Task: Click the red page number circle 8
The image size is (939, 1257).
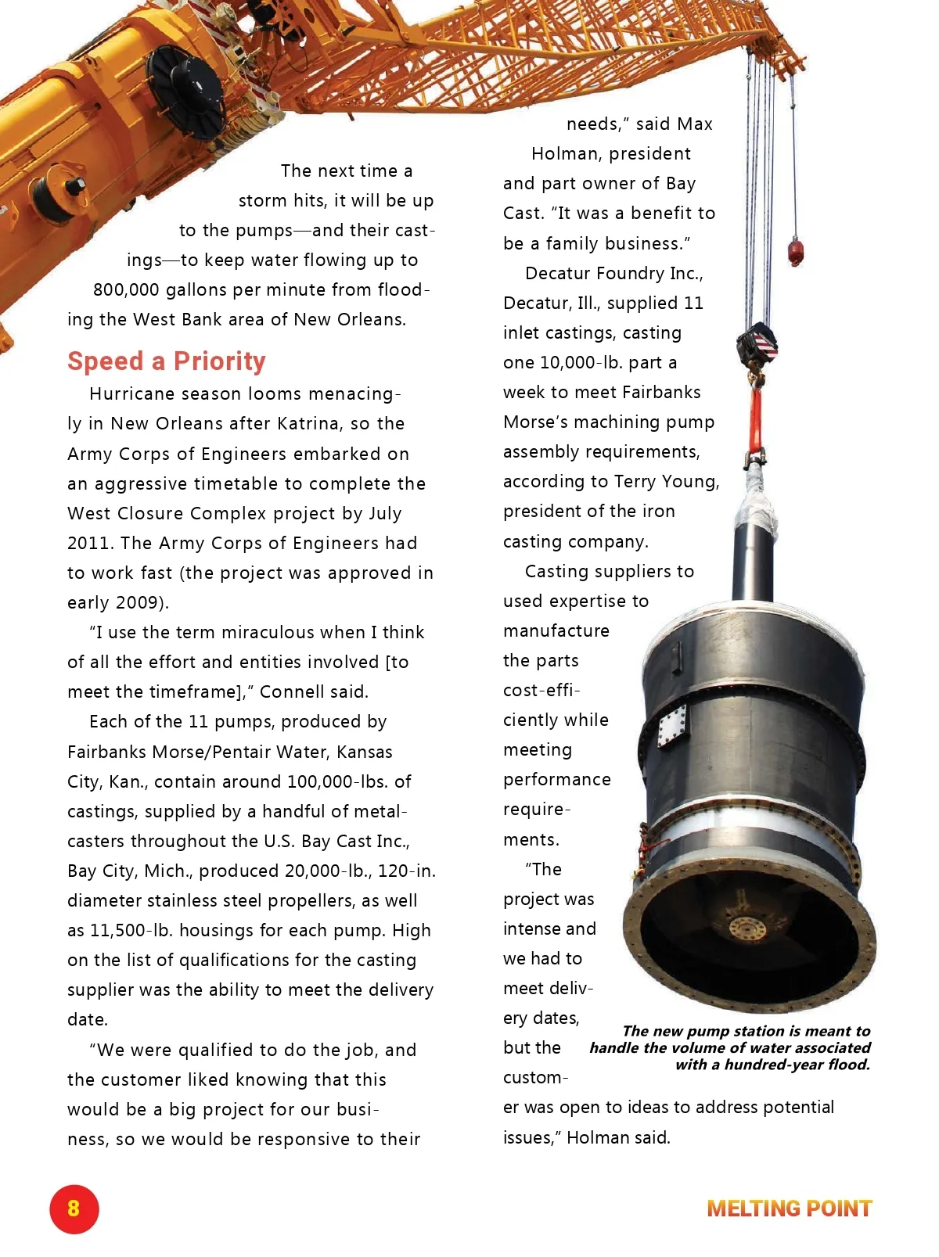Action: click(x=74, y=1209)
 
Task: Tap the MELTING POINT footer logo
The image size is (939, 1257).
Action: click(x=789, y=1209)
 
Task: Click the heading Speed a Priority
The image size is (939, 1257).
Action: click(x=167, y=361)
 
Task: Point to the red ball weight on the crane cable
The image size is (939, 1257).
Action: click(x=796, y=252)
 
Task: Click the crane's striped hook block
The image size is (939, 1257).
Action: click(x=757, y=345)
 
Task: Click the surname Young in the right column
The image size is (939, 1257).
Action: click(x=689, y=481)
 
